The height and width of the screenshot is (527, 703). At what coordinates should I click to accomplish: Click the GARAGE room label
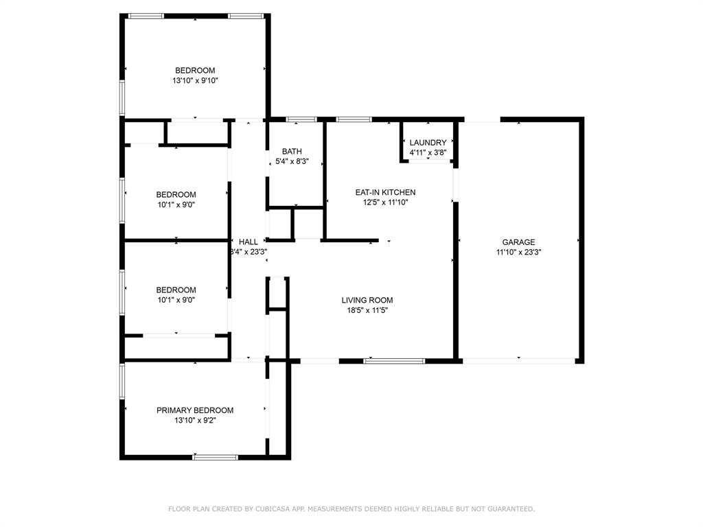[518, 242]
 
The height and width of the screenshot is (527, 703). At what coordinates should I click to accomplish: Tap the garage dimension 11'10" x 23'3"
[518, 252]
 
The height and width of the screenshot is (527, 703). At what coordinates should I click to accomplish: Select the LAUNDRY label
[428, 143]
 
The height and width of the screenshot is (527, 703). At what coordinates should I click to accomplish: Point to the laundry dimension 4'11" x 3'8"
[428, 152]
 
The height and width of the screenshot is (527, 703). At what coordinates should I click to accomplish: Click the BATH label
[292, 152]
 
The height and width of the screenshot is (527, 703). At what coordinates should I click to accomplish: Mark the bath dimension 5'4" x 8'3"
[292, 162]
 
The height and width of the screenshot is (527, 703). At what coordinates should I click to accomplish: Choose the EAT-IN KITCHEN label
[385, 193]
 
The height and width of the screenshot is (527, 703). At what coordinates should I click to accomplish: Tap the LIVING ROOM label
[367, 300]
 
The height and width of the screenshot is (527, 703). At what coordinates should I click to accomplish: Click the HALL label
[249, 242]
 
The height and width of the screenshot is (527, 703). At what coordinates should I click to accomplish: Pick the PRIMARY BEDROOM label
[195, 410]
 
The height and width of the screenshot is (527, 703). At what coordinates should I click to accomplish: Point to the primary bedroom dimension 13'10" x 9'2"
[195, 421]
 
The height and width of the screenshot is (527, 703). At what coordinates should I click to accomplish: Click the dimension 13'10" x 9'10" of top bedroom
[195, 80]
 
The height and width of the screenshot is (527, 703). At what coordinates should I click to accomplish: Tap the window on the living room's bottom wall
[394, 360]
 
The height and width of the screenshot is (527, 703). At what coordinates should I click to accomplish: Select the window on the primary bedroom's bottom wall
[216, 456]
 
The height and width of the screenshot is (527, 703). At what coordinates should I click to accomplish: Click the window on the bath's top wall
[297, 119]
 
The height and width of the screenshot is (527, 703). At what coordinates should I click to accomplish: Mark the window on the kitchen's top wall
[354, 119]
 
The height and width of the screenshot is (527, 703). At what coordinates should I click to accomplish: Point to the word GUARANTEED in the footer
[509, 509]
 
